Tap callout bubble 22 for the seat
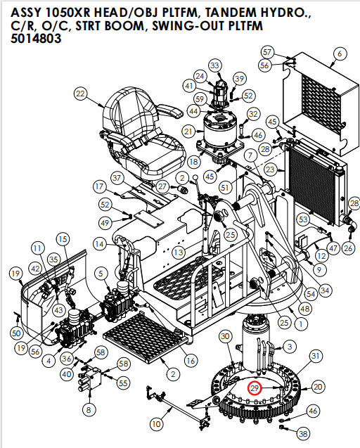point(80,94)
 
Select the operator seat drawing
point(148,134)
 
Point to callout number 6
point(340,53)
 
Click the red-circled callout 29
point(254,387)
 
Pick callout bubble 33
point(214,65)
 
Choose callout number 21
point(188,131)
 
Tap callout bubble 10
point(156,424)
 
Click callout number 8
point(88,409)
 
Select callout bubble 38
point(304,433)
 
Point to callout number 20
point(318,387)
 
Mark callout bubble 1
point(300,325)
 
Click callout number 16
point(191,361)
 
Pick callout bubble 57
point(266,52)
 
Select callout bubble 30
point(225,338)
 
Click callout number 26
point(348,248)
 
